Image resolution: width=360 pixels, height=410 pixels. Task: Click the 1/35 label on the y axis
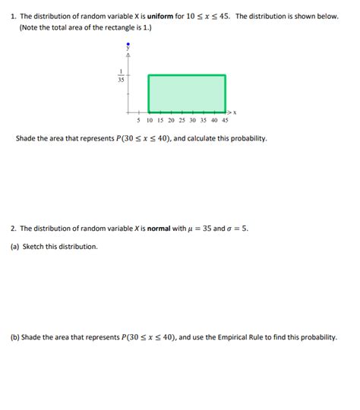121,75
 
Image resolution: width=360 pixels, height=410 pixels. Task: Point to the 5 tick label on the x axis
138,120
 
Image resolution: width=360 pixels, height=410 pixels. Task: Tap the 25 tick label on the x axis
182,120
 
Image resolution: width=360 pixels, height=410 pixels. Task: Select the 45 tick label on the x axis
225,120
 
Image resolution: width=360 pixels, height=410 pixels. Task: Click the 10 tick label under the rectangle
149,120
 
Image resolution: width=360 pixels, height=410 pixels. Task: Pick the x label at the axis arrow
235,112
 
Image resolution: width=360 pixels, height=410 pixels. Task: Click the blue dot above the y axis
128,44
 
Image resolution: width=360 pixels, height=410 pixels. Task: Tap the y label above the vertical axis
128,49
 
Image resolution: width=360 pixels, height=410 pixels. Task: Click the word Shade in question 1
26,139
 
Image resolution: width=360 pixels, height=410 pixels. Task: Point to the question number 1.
13,16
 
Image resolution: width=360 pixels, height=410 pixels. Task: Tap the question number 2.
13,228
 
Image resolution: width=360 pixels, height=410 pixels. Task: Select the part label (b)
15,337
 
